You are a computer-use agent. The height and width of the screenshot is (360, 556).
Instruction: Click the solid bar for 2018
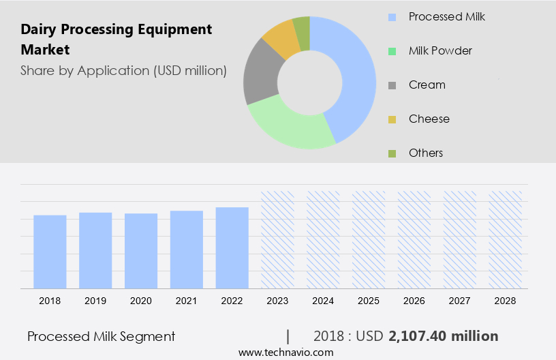50,251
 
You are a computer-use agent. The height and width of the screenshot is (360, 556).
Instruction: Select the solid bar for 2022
232,247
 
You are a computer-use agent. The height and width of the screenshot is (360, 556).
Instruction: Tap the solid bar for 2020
141,250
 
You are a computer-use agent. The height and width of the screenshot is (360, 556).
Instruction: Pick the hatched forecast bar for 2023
278,239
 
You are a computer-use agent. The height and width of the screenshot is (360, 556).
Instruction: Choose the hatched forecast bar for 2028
506,239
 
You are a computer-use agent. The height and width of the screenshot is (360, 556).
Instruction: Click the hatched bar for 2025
369,239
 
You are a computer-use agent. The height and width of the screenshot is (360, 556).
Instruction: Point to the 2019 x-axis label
95,301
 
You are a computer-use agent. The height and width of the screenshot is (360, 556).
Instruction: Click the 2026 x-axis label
414,301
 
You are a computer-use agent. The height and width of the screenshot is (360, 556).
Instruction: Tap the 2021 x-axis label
187,301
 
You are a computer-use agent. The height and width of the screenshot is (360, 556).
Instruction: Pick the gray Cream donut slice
260,75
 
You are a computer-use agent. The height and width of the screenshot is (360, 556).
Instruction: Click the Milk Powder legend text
440,50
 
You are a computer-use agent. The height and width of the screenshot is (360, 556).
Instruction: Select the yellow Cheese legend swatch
392,119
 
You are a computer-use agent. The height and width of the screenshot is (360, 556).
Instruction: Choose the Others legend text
426,153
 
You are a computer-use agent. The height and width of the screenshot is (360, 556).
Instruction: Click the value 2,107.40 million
443,336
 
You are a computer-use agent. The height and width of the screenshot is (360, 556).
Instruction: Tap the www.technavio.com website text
286,352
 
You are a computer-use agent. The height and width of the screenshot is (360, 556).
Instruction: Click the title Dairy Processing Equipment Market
116,40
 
